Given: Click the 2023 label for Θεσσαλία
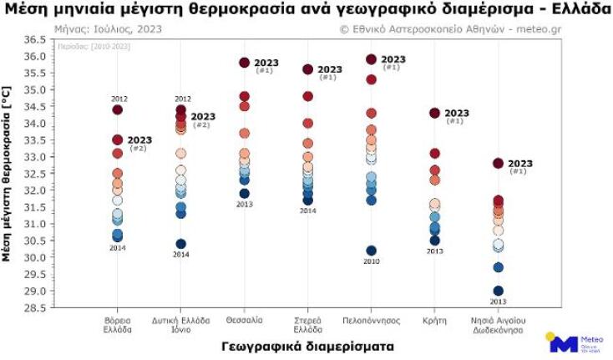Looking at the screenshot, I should [x=267, y=63].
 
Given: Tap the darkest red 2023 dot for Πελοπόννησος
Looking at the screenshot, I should [x=372, y=59].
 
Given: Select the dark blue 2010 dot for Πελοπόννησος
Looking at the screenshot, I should [x=372, y=251].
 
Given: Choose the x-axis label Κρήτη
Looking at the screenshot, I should [x=434, y=320].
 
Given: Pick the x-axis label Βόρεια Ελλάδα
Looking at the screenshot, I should [x=117, y=324].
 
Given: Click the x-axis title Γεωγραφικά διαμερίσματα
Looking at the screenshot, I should [x=308, y=345].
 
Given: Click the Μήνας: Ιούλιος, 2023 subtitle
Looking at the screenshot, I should [x=108, y=28].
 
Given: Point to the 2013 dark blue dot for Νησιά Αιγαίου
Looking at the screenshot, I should [x=499, y=292].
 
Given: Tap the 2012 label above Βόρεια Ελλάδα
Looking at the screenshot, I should [x=118, y=99].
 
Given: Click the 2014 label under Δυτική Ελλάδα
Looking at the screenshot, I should [x=181, y=255].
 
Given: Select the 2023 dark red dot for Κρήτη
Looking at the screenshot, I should [x=435, y=113].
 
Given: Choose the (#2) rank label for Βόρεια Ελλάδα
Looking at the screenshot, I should [x=138, y=149].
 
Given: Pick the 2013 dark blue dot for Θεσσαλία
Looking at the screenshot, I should [x=245, y=194].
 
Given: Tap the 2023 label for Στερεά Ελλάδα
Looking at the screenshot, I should [x=330, y=69].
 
